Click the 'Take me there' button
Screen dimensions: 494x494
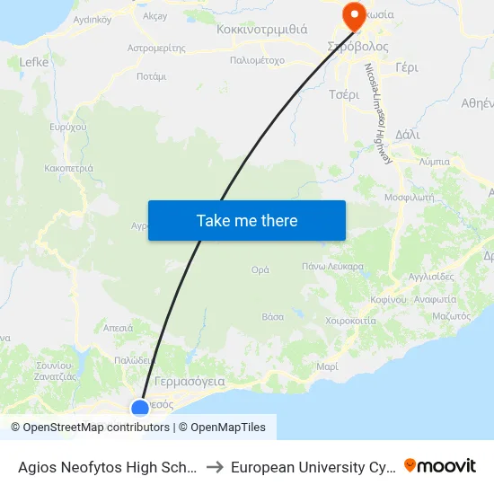247,220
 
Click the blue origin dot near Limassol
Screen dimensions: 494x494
140,409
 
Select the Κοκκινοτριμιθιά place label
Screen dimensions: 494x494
261,29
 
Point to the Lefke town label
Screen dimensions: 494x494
34,62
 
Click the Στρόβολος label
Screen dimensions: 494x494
357,46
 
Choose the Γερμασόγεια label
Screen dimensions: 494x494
190,381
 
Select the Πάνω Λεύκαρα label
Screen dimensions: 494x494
332,267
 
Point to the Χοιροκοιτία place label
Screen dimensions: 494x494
339,321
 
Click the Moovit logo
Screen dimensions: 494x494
440,465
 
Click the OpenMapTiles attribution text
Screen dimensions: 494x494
227,428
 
